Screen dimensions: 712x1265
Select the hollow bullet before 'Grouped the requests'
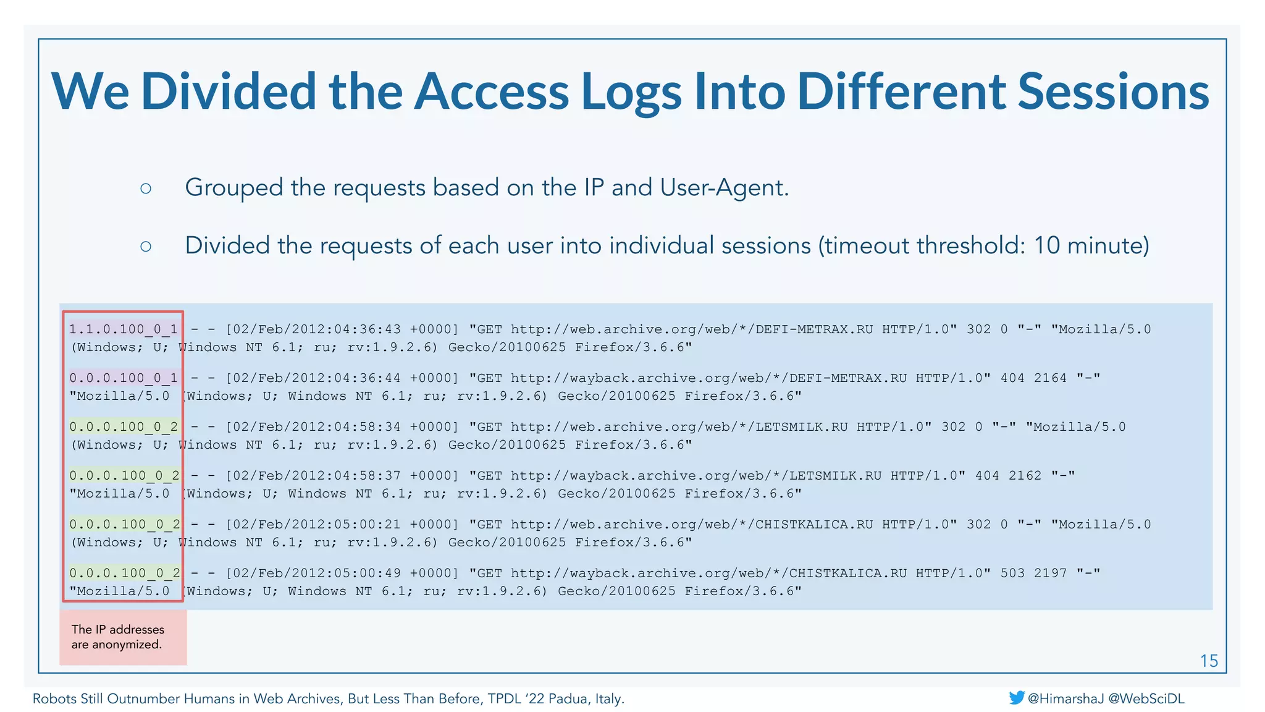pyautogui.click(x=146, y=189)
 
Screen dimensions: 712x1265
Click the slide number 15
pyautogui.click(x=1209, y=661)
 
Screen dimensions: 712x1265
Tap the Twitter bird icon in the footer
pyautogui.click(x=1016, y=698)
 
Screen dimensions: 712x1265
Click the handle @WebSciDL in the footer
pyautogui.click(x=1146, y=698)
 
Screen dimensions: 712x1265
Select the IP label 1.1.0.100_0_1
pyautogui.click(x=123, y=329)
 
